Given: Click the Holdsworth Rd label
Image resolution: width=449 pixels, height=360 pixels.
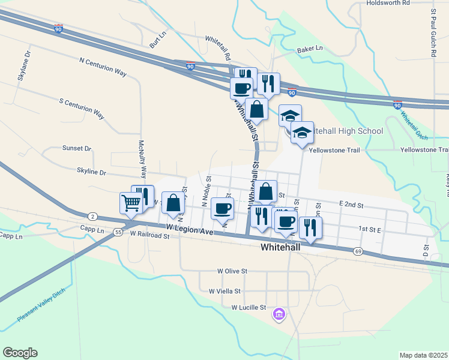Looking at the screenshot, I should [388, 3].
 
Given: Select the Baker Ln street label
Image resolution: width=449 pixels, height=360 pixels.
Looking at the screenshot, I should [310, 49].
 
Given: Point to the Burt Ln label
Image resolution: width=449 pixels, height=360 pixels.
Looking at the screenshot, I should [157, 41].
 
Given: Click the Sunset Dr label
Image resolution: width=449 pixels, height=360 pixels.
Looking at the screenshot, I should [77, 148].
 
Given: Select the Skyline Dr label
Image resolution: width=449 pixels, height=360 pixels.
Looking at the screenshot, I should [91, 172].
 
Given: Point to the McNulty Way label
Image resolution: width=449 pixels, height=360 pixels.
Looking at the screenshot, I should [142, 159].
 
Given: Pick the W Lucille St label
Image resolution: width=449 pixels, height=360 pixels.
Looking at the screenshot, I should [249, 307].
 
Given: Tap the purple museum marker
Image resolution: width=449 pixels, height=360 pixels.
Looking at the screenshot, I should [279, 314].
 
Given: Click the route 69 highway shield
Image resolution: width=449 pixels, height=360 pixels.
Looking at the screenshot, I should [358, 251].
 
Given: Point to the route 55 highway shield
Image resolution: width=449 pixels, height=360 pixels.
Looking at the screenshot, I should [118, 232].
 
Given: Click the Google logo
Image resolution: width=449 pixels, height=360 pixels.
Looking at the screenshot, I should [20, 353].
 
